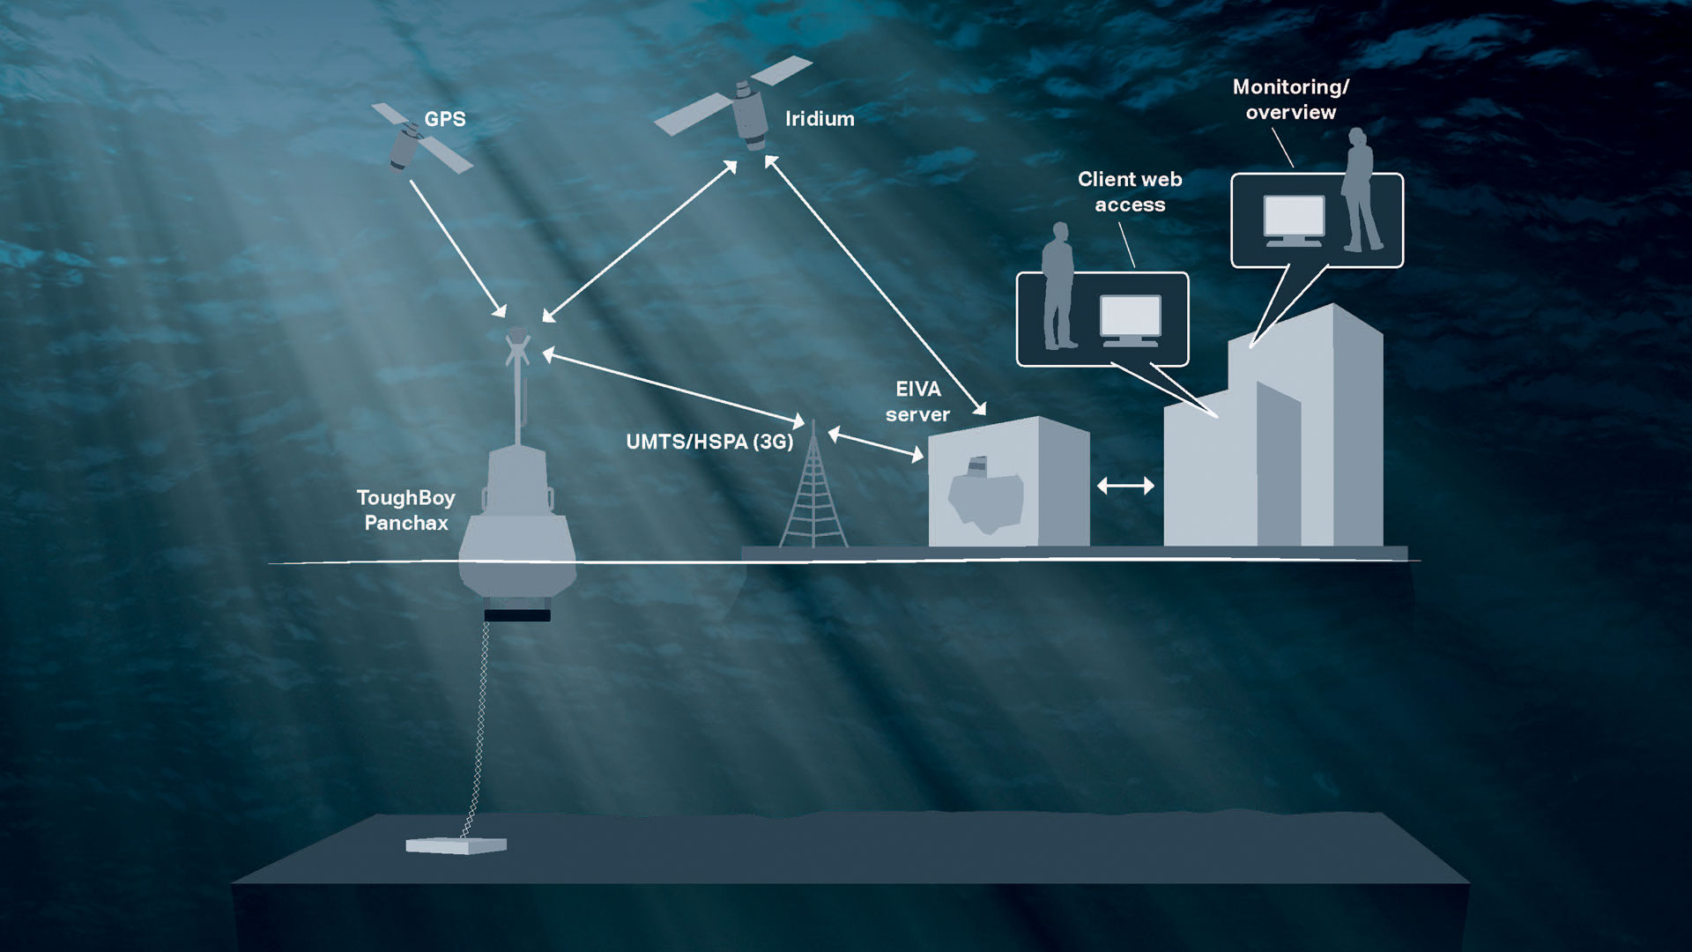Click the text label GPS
[445, 119]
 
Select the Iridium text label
[820, 119]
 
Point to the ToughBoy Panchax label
[406, 510]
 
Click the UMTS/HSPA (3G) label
[709, 442]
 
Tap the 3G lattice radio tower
[813, 497]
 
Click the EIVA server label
[917, 402]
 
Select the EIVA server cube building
[1008, 485]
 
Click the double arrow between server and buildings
[1125, 486]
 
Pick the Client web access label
[1130, 192]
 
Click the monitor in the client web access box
[1130, 318]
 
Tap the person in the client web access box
[1058, 286]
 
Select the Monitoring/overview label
[1291, 100]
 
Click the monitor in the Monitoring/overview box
[1294, 219]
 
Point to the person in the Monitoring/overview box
[1360, 190]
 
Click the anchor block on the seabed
[456, 845]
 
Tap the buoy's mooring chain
[479, 723]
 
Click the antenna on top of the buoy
[518, 370]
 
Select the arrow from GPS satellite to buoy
[457, 248]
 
